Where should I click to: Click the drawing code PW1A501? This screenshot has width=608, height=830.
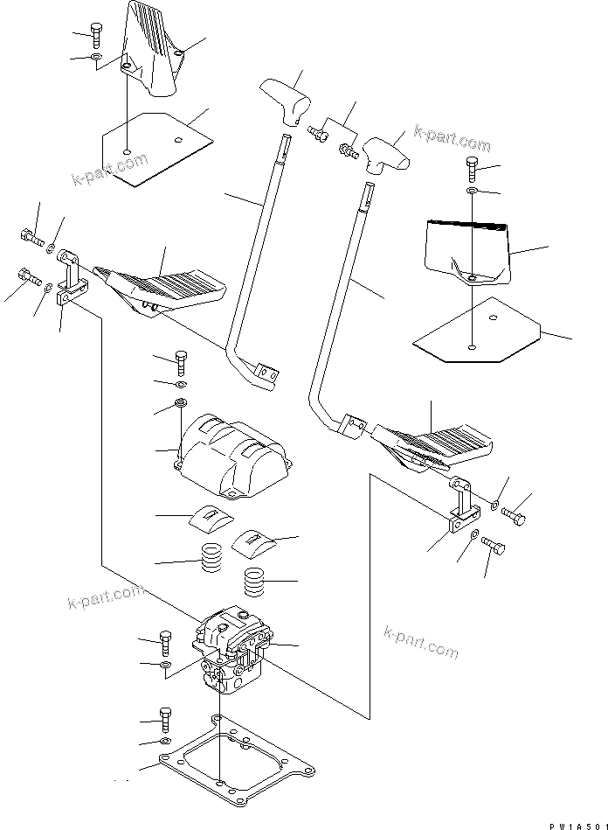576,823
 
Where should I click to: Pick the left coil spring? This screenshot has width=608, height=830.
211,558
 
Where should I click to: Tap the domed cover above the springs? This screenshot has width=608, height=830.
231,454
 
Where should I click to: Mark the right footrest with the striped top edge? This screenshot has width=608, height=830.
467,250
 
